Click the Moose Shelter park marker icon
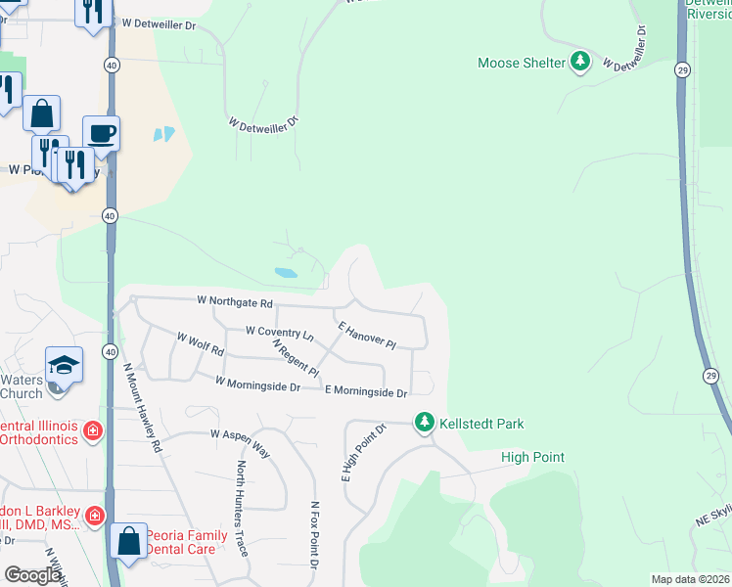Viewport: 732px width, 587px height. tap(581, 63)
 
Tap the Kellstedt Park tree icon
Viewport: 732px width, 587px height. tap(425, 424)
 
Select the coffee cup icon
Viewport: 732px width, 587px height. tap(101, 132)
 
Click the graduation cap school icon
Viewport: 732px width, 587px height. tap(65, 365)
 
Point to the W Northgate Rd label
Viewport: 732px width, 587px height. tap(235, 301)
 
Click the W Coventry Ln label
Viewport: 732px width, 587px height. tap(279, 334)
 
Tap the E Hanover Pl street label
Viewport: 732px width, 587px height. tap(366, 335)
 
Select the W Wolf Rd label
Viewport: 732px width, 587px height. tap(201, 343)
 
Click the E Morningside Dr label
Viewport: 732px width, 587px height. tap(365, 391)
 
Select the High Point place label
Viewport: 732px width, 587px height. tap(532, 458)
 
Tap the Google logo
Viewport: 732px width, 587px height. tap(32, 575)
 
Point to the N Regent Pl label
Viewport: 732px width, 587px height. tap(296, 357)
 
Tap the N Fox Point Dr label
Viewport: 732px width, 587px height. tap(315, 535)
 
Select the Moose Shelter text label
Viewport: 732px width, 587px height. tap(522, 63)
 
